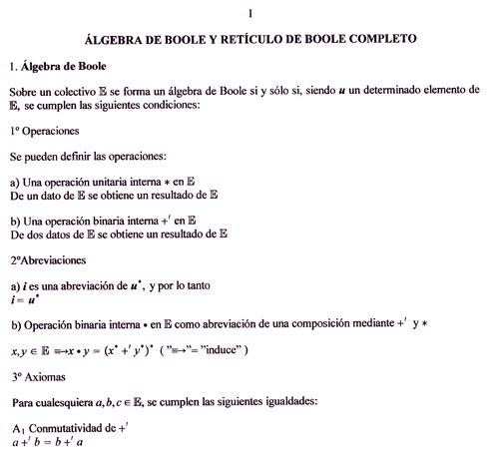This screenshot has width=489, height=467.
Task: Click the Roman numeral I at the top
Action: click(x=250, y=13)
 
